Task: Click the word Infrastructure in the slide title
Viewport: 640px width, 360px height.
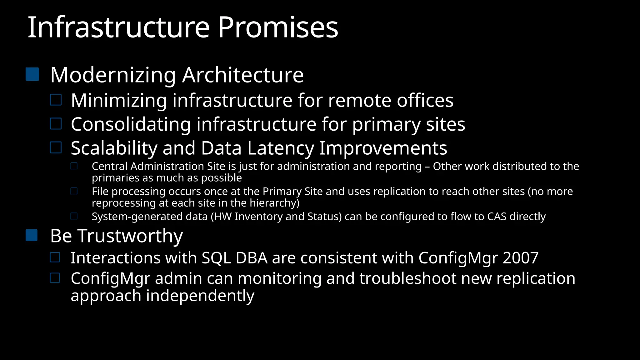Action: point(119,27)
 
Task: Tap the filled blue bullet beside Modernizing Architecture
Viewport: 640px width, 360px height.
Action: point(32,74)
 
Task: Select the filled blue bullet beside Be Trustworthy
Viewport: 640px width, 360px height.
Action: point(32,235)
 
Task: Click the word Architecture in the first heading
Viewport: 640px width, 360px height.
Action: point(243,75)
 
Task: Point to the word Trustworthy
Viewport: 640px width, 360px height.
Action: point(130,236)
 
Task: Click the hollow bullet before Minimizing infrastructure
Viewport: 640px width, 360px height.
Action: point(56,100)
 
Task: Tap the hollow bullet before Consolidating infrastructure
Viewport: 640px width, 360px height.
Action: point(56,124)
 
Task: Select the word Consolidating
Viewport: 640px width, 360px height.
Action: point(131,124)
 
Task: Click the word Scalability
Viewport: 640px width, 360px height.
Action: point(114,148)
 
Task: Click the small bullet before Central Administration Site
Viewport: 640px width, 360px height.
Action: point(74,166)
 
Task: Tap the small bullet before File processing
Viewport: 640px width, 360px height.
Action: point(74,191)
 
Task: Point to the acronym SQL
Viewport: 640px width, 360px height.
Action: point(216,258)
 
